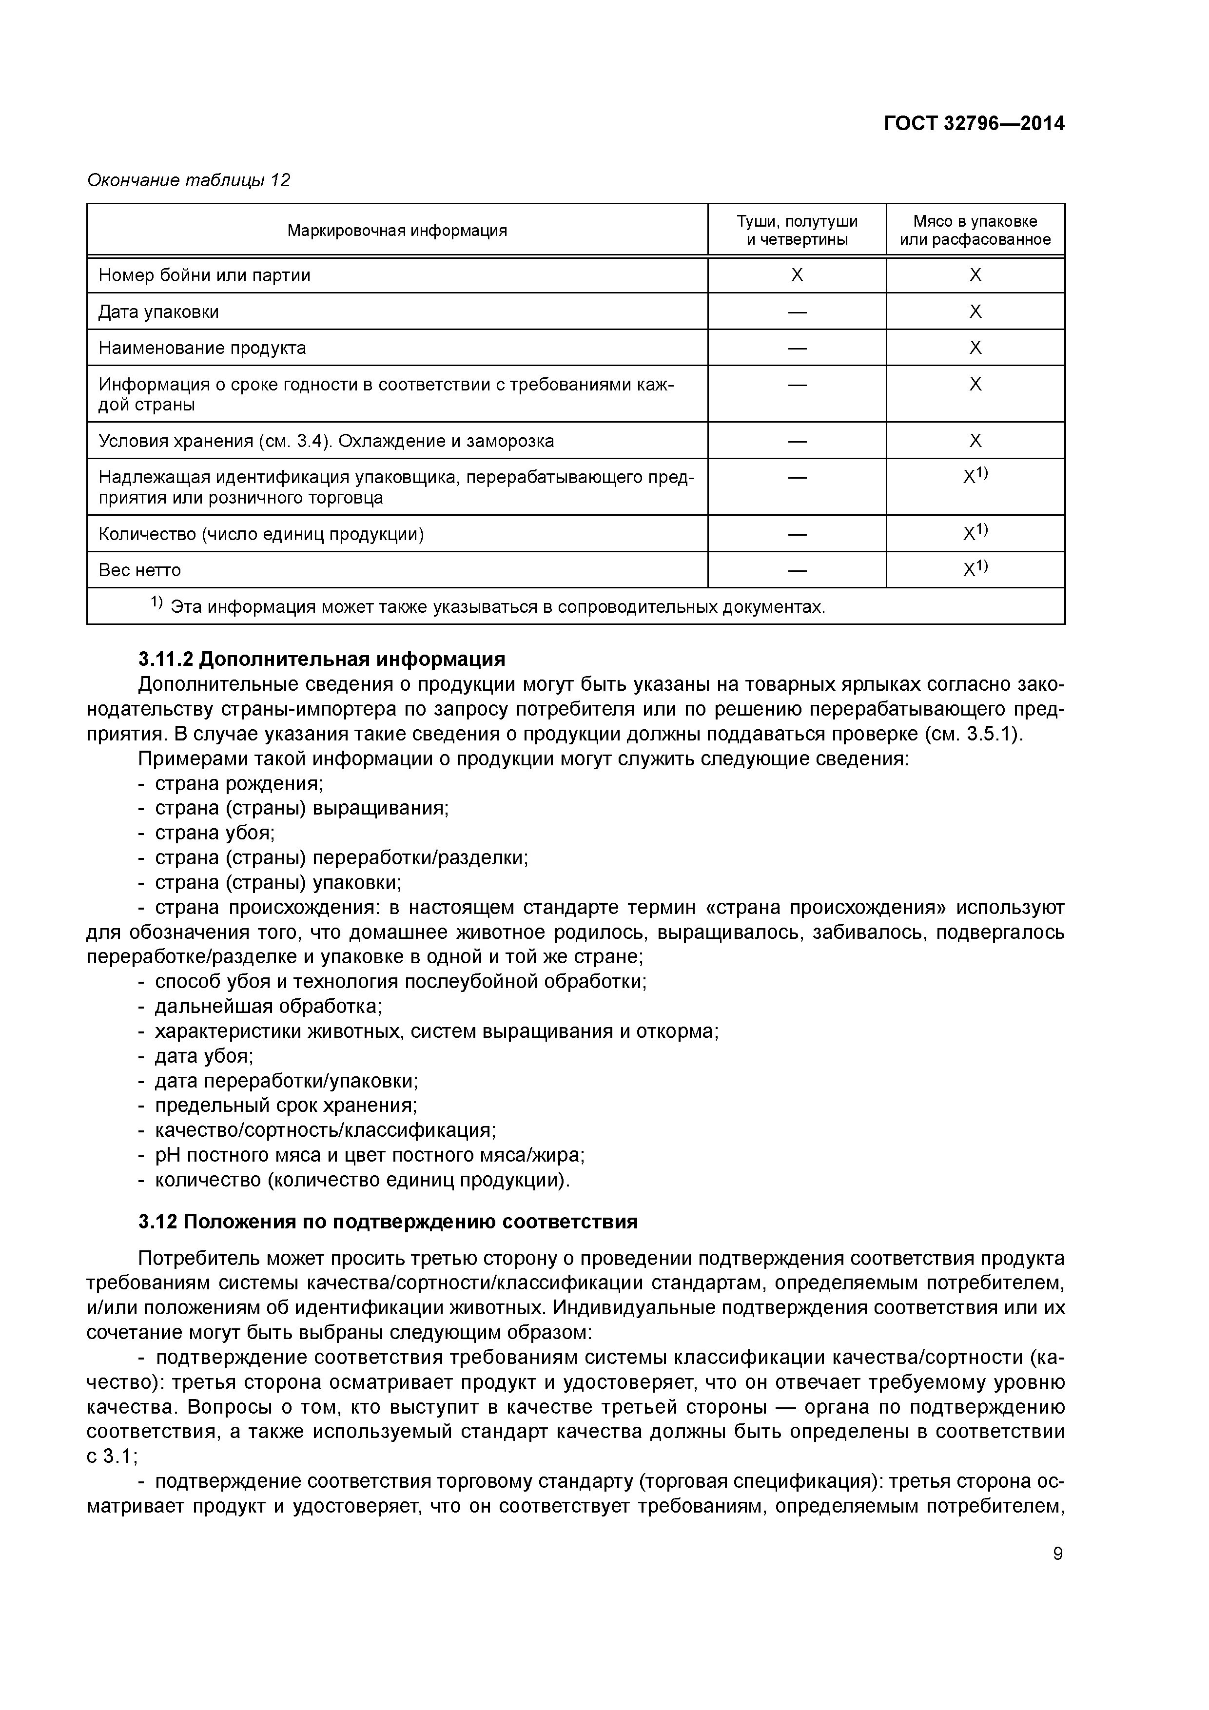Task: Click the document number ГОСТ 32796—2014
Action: tap(974, 124)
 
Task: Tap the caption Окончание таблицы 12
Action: tap(189, 180)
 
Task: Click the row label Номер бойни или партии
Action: tap(204, 275)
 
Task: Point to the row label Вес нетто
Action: tap(139, 570)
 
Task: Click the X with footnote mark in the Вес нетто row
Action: tap(975, 570)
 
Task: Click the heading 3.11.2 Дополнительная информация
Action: tap(321, 659)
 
